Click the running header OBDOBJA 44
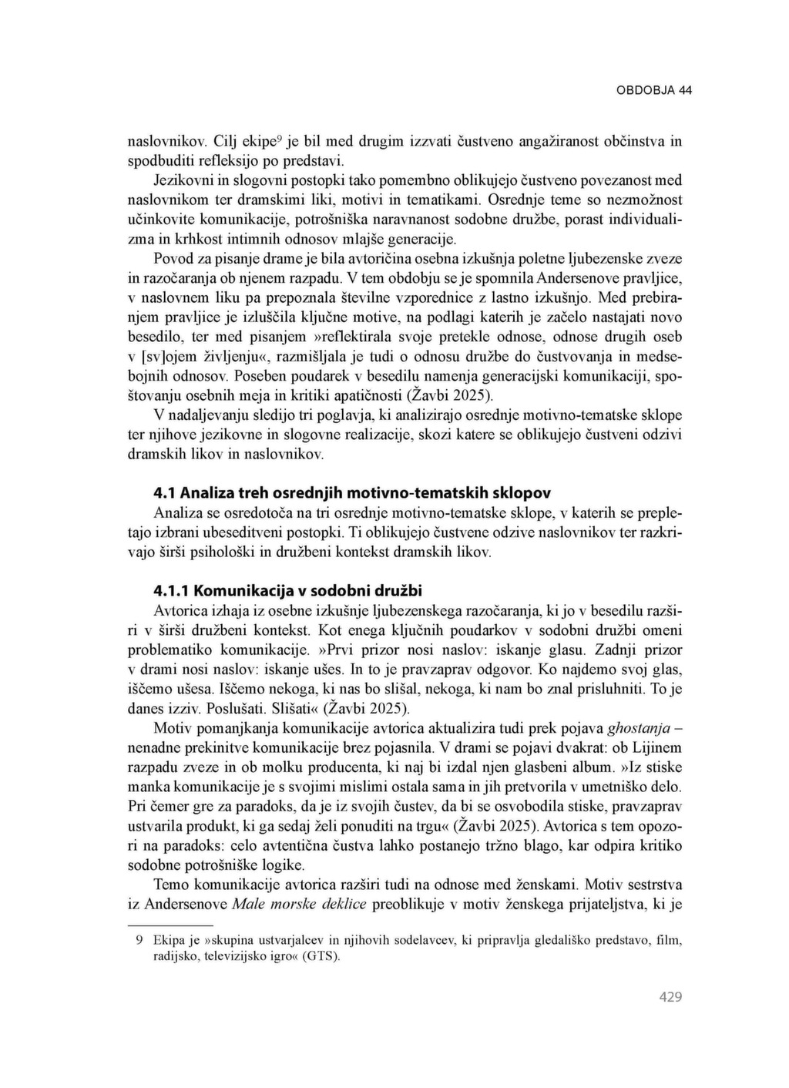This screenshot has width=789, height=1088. coord(653,90)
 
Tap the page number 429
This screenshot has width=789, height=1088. coord(670,997)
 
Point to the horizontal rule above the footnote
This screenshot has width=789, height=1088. coord(170,924)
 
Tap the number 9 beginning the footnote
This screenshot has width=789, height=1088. coord(139,940)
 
